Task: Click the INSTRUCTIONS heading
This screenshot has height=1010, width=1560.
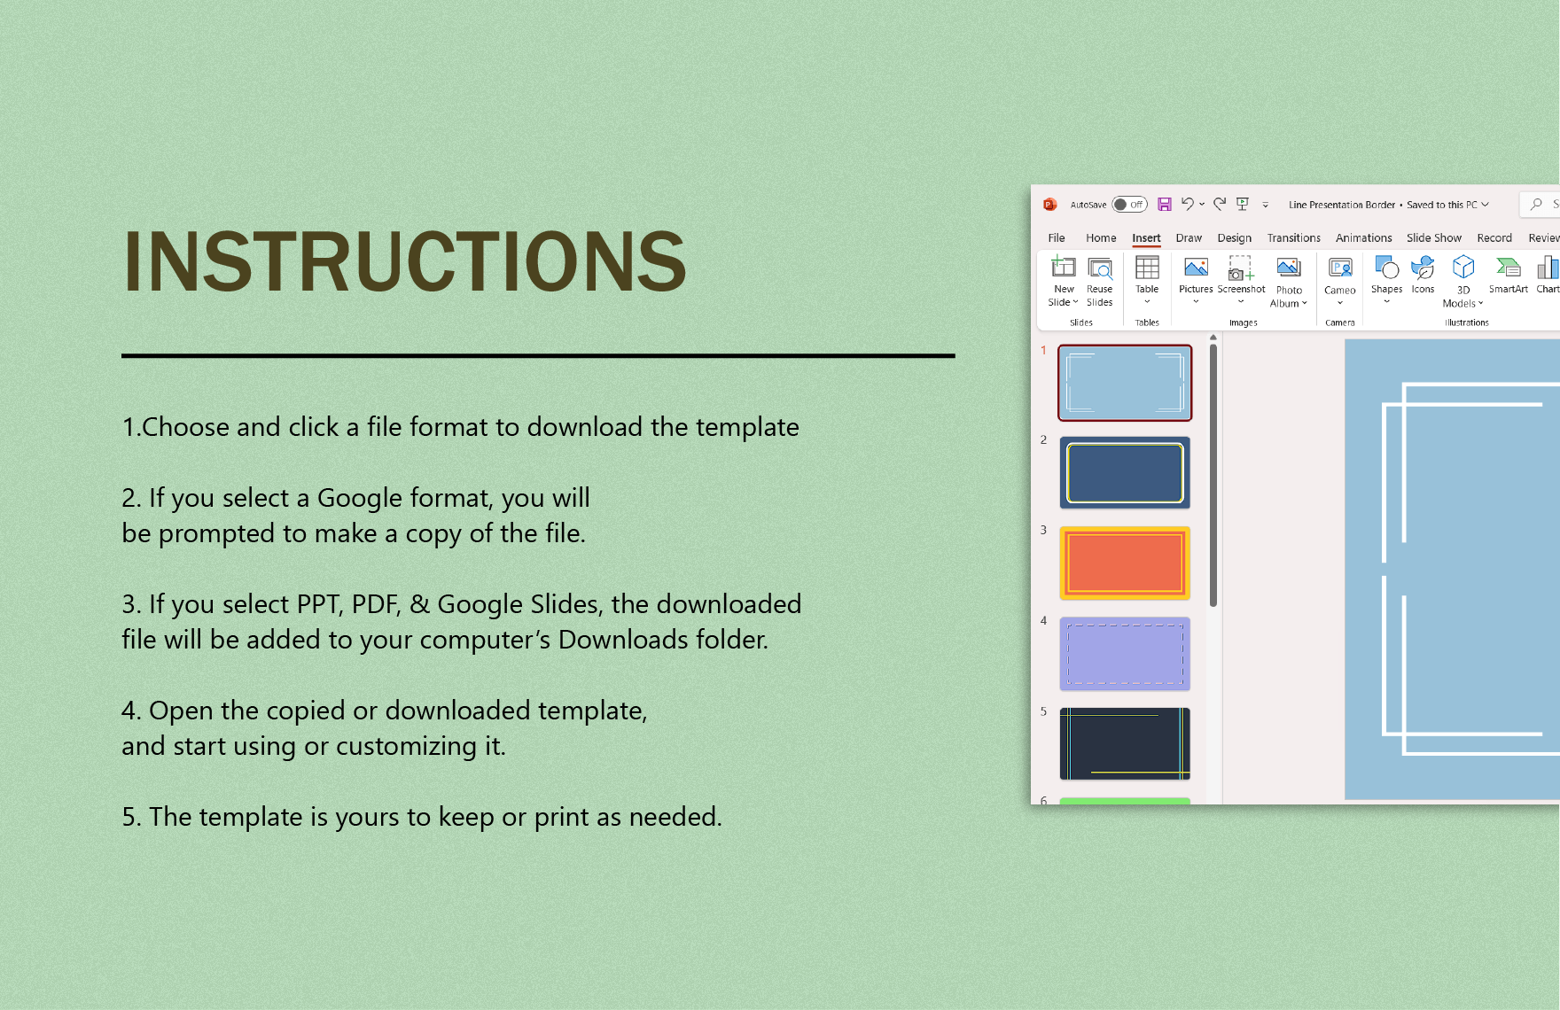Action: click(404, 261)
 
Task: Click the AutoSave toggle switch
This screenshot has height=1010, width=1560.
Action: click(1129, 205)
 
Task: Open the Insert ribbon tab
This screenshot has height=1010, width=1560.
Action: click(1146, 238)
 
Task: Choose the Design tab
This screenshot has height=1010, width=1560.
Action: click(1234, 238)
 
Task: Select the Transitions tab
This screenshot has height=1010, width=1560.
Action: click(1293, 238)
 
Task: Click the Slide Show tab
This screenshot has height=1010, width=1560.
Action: click(1433, 238)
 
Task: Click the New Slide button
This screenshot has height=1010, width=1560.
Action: click(1063, 281)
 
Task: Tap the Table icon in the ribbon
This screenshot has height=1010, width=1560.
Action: click(1147, 268)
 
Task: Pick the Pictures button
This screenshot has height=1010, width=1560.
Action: click(1196, 279)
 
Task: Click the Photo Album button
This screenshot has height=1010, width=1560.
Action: click(1289, 282)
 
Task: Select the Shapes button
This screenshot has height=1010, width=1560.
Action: click(1386, 279)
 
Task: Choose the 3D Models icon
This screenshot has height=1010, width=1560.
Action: click(1463, 267)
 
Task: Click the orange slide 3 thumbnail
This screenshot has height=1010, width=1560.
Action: click(1125, 563)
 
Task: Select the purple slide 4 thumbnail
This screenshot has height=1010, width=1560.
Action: click(1125, 654)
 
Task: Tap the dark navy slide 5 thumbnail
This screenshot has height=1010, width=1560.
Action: click(1125, 744)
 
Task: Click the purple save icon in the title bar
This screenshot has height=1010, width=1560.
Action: click(1165, 205)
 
